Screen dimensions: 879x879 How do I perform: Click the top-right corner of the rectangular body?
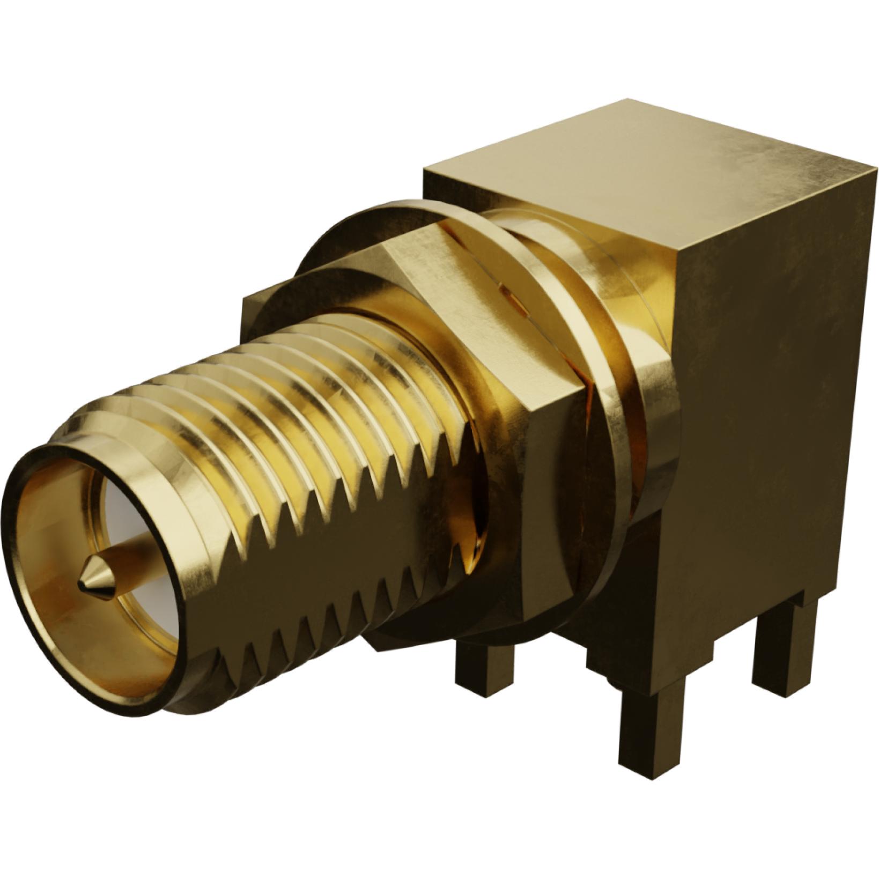coord(875,171)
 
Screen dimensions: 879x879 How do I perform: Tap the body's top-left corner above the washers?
coord(425,171)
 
